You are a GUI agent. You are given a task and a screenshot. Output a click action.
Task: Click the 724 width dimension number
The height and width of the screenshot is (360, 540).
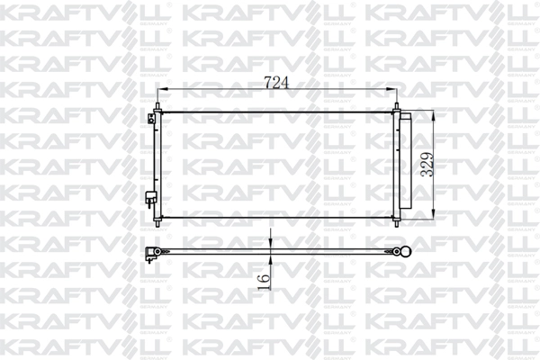[x=276, y=82]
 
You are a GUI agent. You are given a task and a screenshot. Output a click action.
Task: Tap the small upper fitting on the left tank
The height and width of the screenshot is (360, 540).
[x=150, y=118]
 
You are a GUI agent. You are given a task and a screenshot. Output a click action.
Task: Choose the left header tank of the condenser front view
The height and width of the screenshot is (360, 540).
[x=158, y=165]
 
